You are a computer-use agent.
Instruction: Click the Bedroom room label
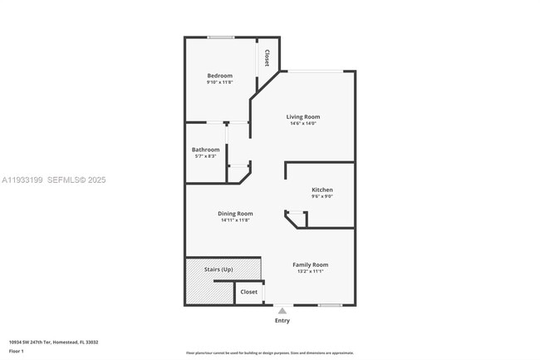[x=220, y=76]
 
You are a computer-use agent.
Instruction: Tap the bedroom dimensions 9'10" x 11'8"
[x=220, y=82]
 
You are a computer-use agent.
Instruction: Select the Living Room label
[x=303, y=117]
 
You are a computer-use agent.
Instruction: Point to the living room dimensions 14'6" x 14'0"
[x=303, y=124]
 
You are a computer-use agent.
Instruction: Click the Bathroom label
[x=205, y=150]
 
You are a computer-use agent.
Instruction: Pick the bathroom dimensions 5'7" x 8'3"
[x=205, y=156]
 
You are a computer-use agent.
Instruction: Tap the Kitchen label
[x=322, y=190]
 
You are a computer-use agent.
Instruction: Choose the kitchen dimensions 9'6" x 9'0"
[x=322, y=196]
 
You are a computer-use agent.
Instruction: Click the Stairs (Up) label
[x=219, y=270]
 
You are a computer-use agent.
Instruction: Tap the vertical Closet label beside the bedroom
[x=267, y=57]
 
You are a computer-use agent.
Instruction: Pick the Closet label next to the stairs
[x=248, y=292]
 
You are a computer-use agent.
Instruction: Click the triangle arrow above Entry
[x=282, y=311]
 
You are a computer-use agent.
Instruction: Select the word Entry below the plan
[x=282, y=320]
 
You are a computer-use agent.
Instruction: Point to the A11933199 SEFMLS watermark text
[x=54, y=180]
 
